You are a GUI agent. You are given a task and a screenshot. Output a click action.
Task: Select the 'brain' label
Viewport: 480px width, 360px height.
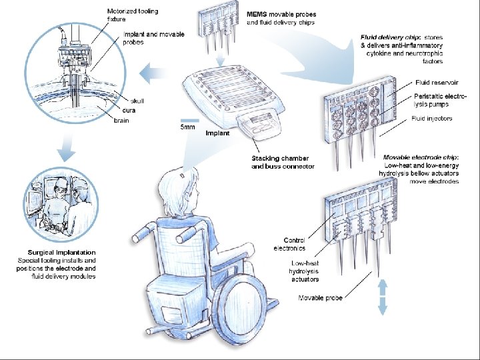121,121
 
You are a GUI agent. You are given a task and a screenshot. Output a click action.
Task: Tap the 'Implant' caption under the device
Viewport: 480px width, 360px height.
217,133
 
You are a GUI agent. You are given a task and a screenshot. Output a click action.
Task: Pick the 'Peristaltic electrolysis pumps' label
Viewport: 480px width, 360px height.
440,101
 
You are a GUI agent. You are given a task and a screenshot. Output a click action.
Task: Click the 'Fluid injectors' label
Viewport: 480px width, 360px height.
431,119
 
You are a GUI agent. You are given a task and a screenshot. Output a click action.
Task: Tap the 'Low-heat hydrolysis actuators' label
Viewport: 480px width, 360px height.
305,271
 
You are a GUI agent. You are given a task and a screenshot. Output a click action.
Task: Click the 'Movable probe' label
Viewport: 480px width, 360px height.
320,298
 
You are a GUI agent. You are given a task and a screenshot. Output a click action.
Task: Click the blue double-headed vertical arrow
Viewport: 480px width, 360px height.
383,297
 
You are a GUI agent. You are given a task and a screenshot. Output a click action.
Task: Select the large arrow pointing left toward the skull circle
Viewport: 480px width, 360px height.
155,68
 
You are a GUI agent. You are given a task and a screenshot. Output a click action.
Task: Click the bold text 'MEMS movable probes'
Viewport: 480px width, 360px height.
281,14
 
